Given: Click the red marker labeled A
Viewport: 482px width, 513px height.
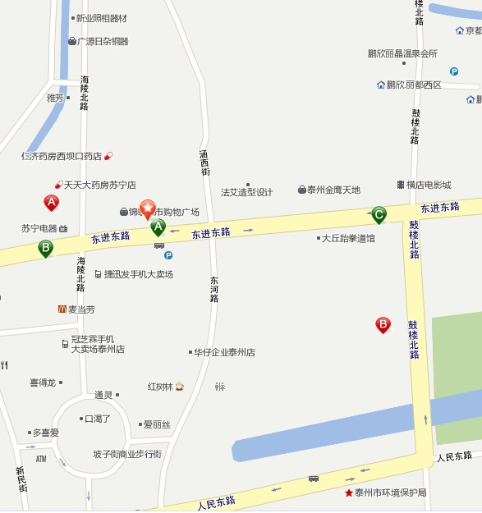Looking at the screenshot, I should pyautogui.click(x=51, y=202).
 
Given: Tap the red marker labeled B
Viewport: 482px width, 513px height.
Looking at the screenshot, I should pyautogui.click(x=383, y=325).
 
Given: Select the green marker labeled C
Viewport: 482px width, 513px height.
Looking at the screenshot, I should pyautogui.click(x=379, y=215).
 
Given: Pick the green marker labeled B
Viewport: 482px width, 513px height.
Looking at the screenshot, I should pyautogui.click(x=45, y=247).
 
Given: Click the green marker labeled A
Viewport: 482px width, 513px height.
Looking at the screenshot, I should pyautogui.click(x=158, y=227).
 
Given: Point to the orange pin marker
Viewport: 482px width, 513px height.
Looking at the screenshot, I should pyautogui.click(x=148, y=208).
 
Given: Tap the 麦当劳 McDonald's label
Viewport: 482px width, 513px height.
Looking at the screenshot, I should pyautogui.click(x=80, y=309).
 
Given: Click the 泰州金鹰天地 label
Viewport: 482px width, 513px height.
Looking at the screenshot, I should pyautogui.click(x=333, y=190).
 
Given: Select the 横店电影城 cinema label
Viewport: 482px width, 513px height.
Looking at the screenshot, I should pyautogui.click(x=429, y=185).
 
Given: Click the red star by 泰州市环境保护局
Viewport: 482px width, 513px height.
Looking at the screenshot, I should pyautogui.click(x=349, y=492).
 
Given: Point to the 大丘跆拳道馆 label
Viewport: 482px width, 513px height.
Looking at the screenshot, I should pyautogui.click(x=348, y=238).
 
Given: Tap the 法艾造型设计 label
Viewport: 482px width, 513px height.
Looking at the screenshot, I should pyautogui.click(x=247, y=192).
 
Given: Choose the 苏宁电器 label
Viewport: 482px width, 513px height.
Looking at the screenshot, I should pyautogui.click(x=39, y=228).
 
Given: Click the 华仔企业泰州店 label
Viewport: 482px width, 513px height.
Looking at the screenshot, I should pyautogui.click(x=224, y=352).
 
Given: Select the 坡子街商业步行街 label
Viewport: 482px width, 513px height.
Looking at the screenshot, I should pyautogui.click(x=127, y=454).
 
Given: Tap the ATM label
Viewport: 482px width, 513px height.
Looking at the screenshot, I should pyautogui.click(x=41, y=458).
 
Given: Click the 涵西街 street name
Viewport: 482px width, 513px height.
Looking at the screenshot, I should pyautogui.click(x=205, y=162).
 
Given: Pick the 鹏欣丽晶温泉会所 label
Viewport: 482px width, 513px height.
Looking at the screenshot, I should pyautogui.click(x=402, y=53).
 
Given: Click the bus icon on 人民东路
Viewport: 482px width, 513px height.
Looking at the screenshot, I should pyautogui.click(x=314, y=478).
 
